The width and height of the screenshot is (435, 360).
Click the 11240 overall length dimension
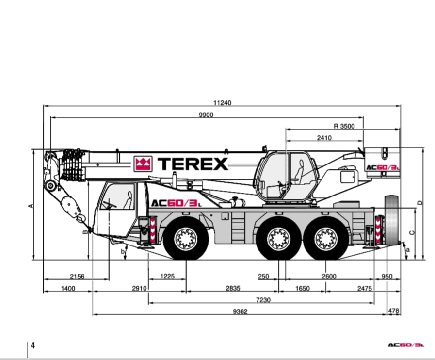click(x=222, y=103)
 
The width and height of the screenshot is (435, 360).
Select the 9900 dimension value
click(x=206, y=115)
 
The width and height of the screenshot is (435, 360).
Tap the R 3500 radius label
click(x=344, y=126)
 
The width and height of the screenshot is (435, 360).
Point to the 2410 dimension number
click(x=324, y=138)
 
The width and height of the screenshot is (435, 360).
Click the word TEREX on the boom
click(x=193, y=164)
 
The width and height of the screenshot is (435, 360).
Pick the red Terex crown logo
click(x=143, y=164)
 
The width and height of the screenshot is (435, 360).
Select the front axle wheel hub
click(x=186, y=239)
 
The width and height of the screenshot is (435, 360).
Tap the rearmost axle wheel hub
click(x=326, y=239)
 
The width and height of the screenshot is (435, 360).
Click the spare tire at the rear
click(x=391, y=219)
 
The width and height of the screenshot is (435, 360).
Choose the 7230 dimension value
click(x=263, y=300)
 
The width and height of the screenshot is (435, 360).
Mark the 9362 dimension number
click(x=240, y=311)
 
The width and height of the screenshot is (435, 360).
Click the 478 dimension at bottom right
click(x=393, y=311)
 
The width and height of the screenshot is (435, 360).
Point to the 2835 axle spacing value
click(x=233, y=288)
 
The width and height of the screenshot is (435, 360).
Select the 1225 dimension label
click(x=167, y=276)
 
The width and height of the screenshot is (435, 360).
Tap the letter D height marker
click(x=420, y=203)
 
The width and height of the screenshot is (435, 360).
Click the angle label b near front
click(x=123, y=252)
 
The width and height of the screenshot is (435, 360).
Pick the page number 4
click(x=33, y=345)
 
